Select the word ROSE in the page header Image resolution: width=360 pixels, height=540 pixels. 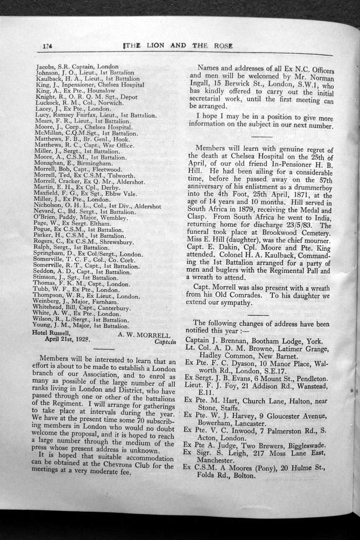click(x=222, y=46)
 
